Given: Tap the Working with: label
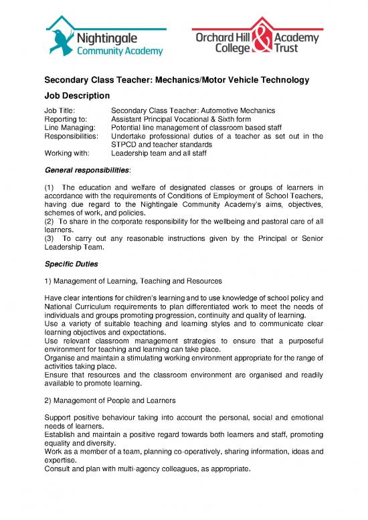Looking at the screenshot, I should [x=68, y=153].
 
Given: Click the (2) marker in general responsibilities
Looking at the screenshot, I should [x=49, y=219].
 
